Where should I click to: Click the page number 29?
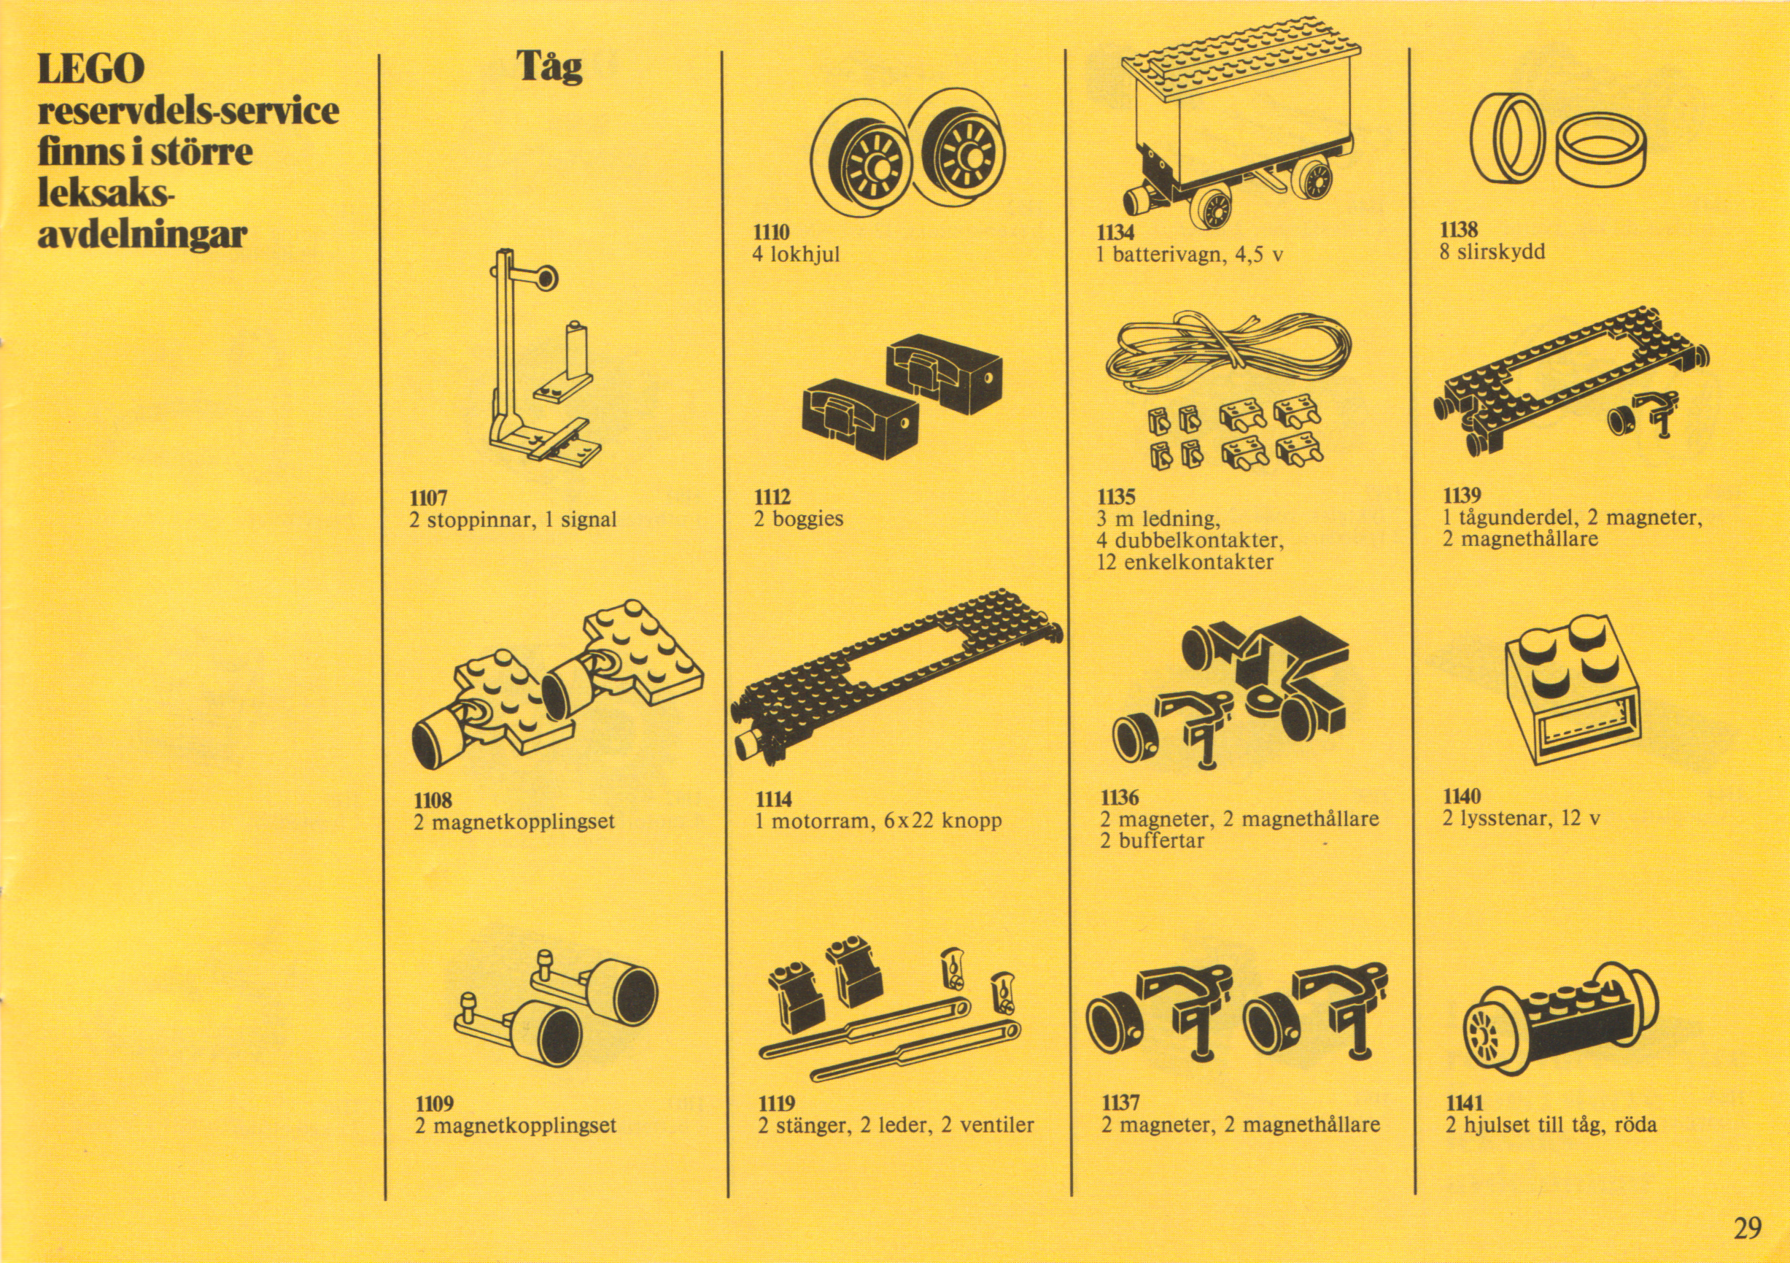(1747, 1228)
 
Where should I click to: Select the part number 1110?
(771, 232)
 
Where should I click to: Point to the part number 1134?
(1115, 232)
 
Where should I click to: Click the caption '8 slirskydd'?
(1492, 252)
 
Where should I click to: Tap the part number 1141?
(1464, 1103)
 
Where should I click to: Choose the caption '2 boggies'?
(798, 520)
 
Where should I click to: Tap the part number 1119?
(777, 1103)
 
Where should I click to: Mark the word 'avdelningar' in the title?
(142, 234)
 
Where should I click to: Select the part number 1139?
(1460, 496)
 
